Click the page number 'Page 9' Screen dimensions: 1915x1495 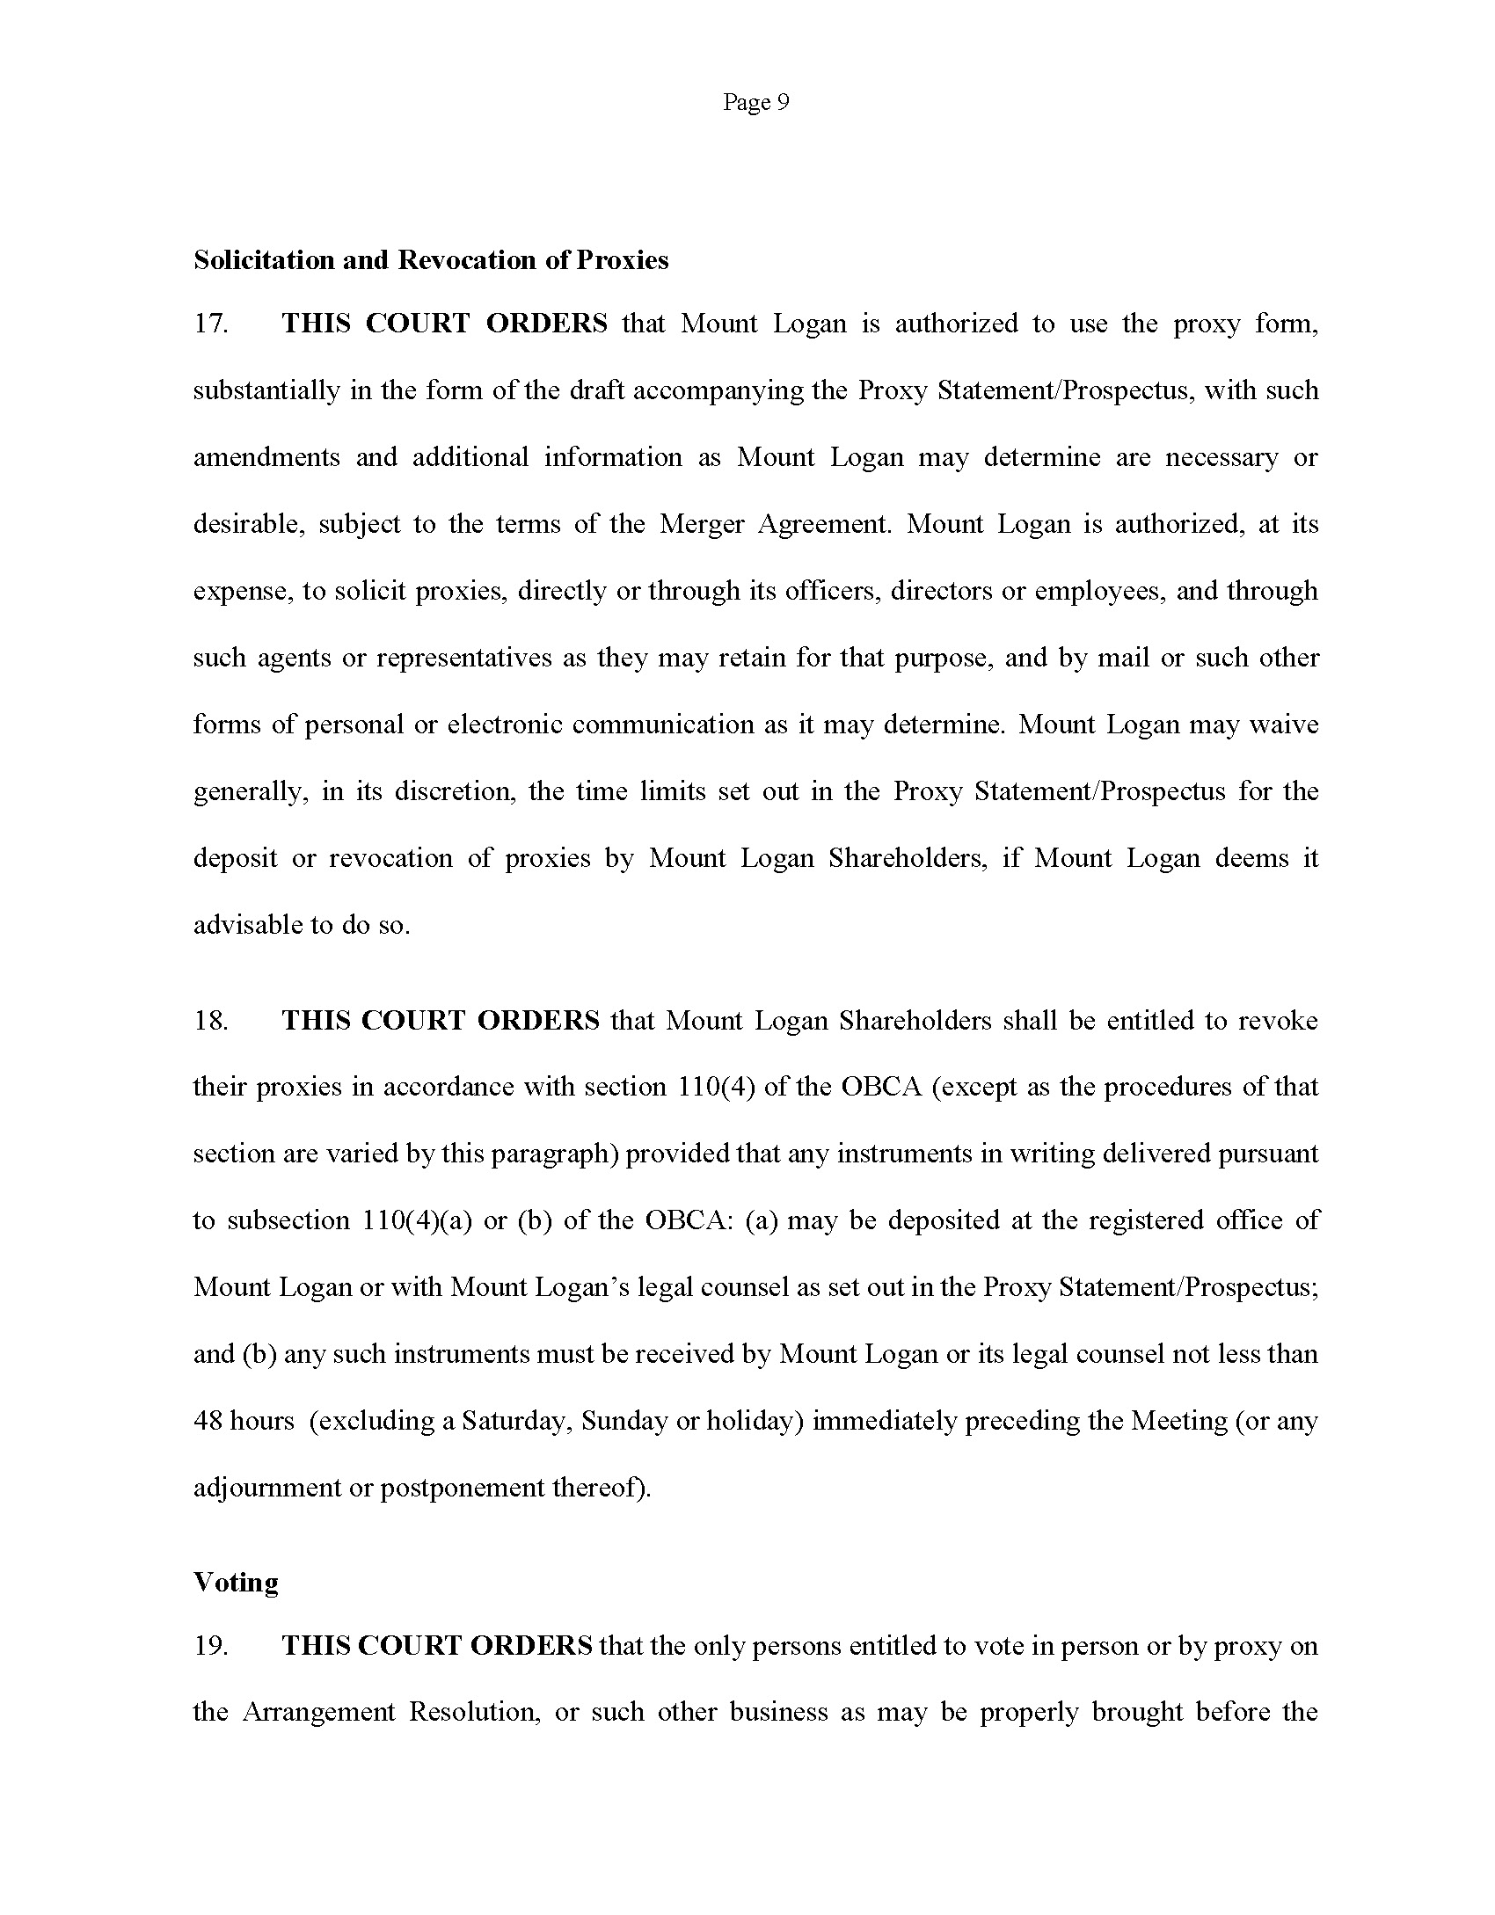click(755, 103)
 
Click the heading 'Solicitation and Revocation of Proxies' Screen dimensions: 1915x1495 click(431, 260)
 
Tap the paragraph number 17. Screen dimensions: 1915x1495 click(211, 324)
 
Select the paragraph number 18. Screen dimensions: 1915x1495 click(211, 1020)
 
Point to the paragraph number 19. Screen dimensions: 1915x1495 click(211, 1646)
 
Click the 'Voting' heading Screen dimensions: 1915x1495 click(236, 1583)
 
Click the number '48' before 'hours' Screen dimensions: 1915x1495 click(208, 1421)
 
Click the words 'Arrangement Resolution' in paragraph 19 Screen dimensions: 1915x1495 click(390, 1713)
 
